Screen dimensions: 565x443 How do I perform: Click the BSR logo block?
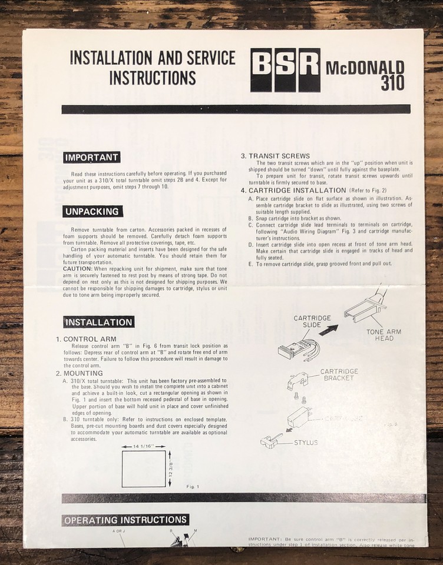pos(285,69)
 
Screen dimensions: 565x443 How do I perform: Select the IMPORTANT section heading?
pos(92,158)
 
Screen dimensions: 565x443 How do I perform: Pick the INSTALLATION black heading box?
pos(98,323)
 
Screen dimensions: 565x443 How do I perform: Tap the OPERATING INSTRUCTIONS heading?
pos(125,520)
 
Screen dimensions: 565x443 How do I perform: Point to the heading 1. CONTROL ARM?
pos(86,339)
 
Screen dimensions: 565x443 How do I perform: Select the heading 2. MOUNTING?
pos(80,373)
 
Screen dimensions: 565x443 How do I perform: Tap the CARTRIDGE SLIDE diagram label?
pos(312,321)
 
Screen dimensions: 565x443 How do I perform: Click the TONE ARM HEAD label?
pos(384,335)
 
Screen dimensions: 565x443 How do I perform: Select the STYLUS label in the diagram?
pos(305,442)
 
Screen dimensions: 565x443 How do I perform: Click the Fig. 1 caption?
pos(193,486)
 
